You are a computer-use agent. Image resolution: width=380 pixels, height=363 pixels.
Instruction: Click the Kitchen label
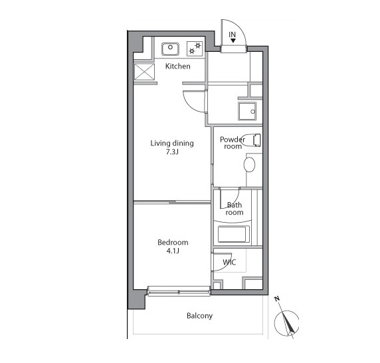tap(177, 66)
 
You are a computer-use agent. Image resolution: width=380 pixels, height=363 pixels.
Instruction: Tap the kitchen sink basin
tap(170, 49)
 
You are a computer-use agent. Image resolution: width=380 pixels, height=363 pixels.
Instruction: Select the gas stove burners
tap(195, 49)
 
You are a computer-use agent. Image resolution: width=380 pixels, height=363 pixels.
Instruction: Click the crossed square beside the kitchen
tap(144, 72)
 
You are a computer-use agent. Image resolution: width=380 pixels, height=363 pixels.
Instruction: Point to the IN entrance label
tap(232, 35)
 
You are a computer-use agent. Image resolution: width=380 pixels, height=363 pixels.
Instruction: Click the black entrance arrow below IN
tap(233, 41)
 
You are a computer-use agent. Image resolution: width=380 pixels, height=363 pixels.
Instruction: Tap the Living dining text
tap(172, 144)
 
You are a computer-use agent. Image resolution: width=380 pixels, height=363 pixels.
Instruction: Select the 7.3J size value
tap(172, 152)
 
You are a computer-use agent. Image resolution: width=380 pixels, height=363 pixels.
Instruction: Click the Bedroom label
tap(173, 242)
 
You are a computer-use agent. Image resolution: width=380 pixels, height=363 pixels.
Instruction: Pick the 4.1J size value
tap(173, 251)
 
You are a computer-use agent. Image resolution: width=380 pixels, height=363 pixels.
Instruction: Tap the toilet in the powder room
tap(251, 140)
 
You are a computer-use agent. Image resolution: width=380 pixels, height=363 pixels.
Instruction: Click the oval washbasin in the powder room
tap(249, 164)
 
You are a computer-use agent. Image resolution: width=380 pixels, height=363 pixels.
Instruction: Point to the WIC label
tap(229, 262)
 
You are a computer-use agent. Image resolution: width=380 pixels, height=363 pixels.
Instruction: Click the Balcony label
tap(199, 316)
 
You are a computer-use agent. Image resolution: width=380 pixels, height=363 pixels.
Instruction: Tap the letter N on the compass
tap(277, 299)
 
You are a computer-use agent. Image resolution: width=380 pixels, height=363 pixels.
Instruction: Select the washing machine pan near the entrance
tap(247, 111)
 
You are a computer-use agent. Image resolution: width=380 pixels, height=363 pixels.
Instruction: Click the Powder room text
tap(233, 143)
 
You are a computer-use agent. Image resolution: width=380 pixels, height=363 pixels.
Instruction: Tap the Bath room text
tap(234, 209)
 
